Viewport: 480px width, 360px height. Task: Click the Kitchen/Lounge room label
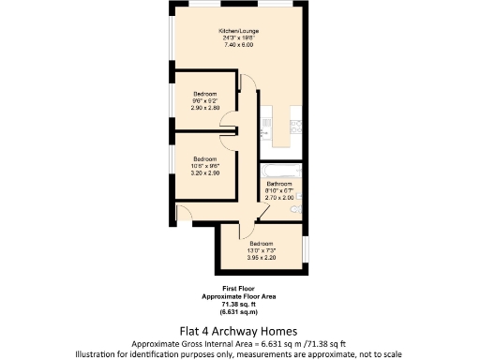point(238,31)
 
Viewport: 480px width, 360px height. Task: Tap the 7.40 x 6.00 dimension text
point(238,45)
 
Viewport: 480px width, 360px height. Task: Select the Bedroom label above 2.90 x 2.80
point(206,94)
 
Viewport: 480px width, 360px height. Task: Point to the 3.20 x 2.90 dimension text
point(206,174)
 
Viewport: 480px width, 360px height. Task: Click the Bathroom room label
point(279,184)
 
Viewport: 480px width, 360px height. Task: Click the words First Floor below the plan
point(240,287)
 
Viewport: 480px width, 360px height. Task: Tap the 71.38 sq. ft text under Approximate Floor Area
point(240,304)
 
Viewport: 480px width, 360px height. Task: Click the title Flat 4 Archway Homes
point(238,330)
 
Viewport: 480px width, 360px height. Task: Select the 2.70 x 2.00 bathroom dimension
point(279,199)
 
